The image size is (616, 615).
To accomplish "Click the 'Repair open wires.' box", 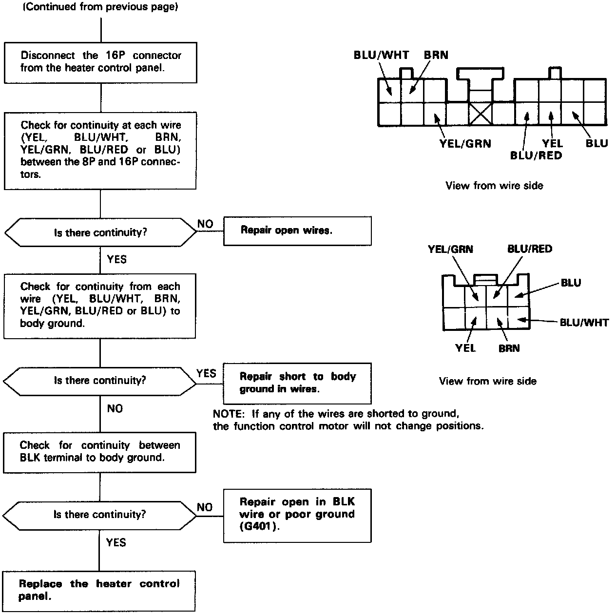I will tap(297, 231).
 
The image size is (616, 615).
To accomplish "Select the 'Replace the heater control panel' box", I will tap(99, 591).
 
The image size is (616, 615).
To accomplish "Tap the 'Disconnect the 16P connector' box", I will tap(100, 62).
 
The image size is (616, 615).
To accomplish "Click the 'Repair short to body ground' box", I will tap(297, 383).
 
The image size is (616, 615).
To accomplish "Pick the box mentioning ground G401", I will tap(297, 515).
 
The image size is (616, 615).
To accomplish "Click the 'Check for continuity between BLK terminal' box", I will tap(99, 452).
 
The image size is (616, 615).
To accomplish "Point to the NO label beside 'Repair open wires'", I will tap(205, 224).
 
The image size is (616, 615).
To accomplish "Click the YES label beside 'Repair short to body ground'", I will tap(206, 373).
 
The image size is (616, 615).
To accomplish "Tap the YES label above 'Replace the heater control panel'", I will tap(116, 542).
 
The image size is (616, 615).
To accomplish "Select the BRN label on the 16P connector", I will tap(436, 55).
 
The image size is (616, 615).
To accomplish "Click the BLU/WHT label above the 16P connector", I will tap(381, 55).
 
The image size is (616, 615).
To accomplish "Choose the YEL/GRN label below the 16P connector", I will tap(465, 143).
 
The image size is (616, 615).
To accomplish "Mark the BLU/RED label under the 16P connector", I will tap(536, 155).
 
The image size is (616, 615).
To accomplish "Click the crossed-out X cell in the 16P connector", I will tap(481, 115).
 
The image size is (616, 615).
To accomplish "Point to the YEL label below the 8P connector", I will tap(465, 348).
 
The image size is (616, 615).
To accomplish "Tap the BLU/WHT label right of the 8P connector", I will tap(584, 322).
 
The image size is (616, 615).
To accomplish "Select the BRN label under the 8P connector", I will tap(509, 348).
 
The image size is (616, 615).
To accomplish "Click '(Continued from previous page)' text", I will tap(101, 8).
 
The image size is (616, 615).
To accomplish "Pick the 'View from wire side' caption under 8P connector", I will tap(487, 381).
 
